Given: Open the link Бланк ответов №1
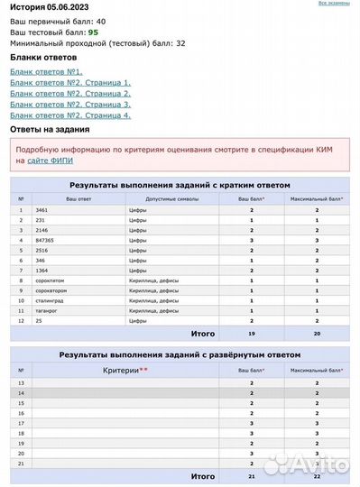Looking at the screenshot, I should pyautogui.click(x=46, y=71).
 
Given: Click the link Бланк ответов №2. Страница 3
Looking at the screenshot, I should pyautogui.click(x=70, y=105).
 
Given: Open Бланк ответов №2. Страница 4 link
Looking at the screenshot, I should pyautogui.click(x=70, y=115).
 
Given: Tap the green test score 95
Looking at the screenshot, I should pyautogui.click(x=93, y=32).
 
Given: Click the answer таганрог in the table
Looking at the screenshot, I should pyautogui.click(x=47, y=310).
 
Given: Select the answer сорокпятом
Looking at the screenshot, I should pyautogui.click(x=51, y=280).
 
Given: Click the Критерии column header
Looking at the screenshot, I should pyautogui.click(x=125, y=370).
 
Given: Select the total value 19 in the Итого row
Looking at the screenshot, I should pyautogui.click(x=252, y=333).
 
